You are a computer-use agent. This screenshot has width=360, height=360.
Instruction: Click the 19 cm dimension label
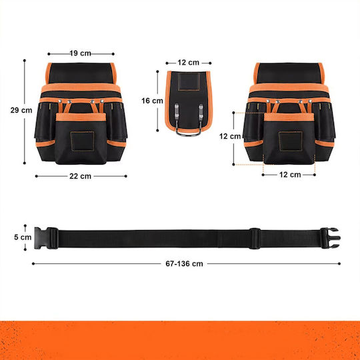[x=81, y=53]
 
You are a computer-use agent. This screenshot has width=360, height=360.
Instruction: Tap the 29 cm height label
[x=21, y=110]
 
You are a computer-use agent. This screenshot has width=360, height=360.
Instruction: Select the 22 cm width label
[x=81, y=176]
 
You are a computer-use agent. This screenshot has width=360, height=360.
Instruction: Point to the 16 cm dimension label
[x=152, y=101]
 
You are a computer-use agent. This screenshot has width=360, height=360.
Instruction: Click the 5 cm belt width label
[x=23, y=237]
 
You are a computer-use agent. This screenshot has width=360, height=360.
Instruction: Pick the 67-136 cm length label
[x=184, y=263]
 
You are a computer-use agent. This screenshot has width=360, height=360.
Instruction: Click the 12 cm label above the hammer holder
[x=188, y=63]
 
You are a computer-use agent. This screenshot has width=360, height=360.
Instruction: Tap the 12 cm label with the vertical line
[x=230, y=136]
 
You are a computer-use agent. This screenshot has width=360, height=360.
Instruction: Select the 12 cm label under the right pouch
[x=290, y=175]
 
